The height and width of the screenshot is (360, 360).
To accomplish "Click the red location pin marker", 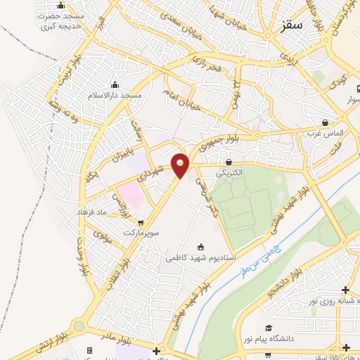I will [181, 165].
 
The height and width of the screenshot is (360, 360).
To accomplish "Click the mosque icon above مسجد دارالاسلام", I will [115, 84].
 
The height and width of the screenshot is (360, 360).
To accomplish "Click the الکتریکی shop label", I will [229, 172].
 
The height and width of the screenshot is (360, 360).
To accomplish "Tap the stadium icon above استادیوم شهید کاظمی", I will [200, 247].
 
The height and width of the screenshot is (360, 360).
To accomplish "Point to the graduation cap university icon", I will [268, 328].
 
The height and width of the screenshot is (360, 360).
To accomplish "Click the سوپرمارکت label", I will [143, 231].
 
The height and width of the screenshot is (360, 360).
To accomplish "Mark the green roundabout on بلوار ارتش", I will [78, 326].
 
